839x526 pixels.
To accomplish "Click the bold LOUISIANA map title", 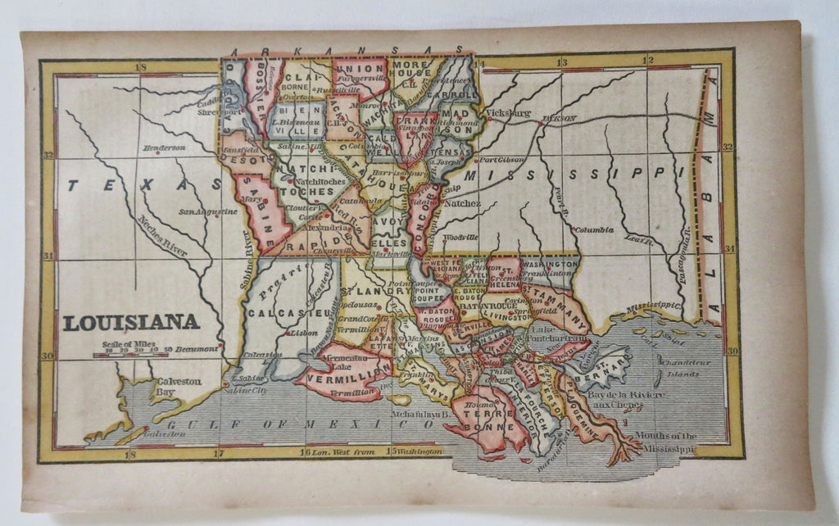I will (131, 321).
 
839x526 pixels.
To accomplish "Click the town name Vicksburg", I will (507, 113).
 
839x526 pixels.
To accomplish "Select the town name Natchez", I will (463, 201).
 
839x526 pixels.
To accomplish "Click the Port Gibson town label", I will (501, 160).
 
